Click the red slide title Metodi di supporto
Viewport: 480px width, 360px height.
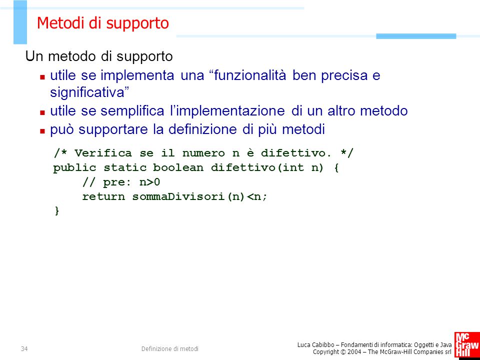pyautogui.click(x=103, y=23)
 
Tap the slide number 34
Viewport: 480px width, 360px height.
pyautogui.click(x=24, y=348)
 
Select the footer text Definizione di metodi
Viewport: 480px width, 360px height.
pyautogui.click(x=170, y=348)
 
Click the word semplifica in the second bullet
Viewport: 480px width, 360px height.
pyautogui.click(x=132, y=111)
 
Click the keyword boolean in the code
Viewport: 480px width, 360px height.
pyautogui.click(x=178, y=168)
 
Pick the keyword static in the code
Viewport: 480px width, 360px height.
pyautogui.click(x=125, y=168)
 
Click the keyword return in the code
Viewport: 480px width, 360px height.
pyautogui.click(x=103, y=197)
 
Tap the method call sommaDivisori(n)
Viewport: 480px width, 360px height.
pyautogui.click(x=189, y=197)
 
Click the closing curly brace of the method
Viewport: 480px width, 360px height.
pyautogui.click(x=56, y=211)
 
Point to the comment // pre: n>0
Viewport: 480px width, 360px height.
pyautogui.click(x=121, y=182)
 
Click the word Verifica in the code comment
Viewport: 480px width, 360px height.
pyautogui.click(x=103, y=153)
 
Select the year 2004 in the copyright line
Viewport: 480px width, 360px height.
pyautogui.click(x=354, y=352)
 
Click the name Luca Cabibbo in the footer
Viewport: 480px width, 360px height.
pyautogui.click(x=315, y=345)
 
